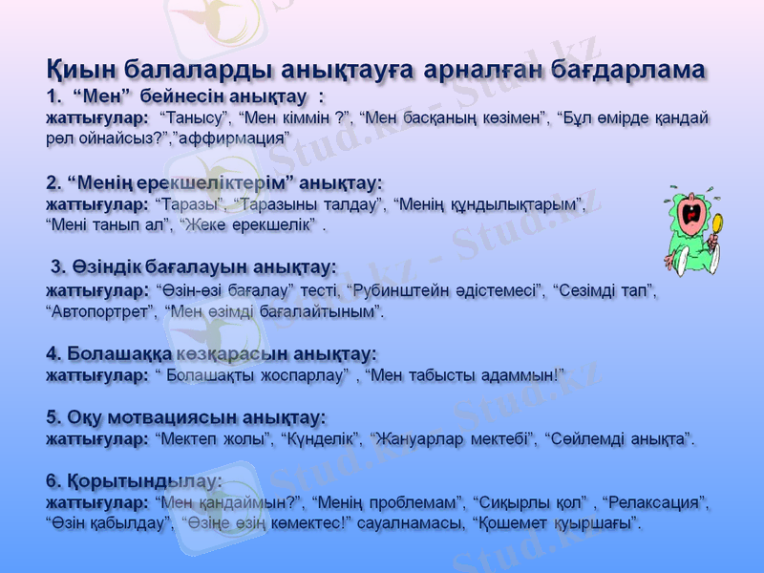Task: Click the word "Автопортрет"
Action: click(100, 311)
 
